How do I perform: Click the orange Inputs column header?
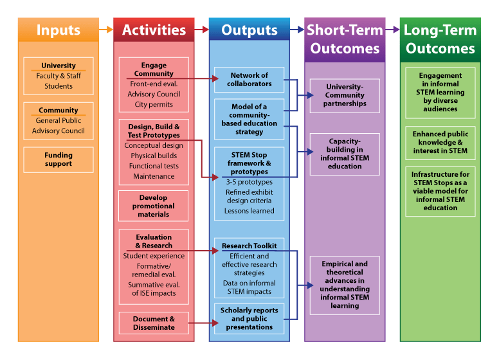tap(59, 30)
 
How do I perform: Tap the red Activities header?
tap(154, 30)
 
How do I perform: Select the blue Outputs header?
tap(250, 30)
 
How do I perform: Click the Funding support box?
tap(59, 159)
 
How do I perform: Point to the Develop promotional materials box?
tap(154, 206)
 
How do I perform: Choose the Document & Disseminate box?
tap(154, 323)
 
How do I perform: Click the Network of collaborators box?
tap(250, 80)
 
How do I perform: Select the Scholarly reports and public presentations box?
tap(250, 319)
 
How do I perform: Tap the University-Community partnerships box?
tap(345, 95)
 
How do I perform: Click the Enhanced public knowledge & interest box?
tap(440, 143)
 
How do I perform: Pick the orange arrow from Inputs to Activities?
tap(106, 30)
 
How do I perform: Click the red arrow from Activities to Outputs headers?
tap(201, 30)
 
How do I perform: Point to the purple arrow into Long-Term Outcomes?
tap(392, 30)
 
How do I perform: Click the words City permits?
tap(154, 104)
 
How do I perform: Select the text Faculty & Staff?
tap(59, 76)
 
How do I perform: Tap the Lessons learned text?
tap(250, 210)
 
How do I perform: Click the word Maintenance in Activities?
tap(154, 176)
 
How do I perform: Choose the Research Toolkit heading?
tap(250, 246)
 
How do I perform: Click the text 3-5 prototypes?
tap(250, 182)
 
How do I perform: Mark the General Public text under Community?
tap(59, 120)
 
